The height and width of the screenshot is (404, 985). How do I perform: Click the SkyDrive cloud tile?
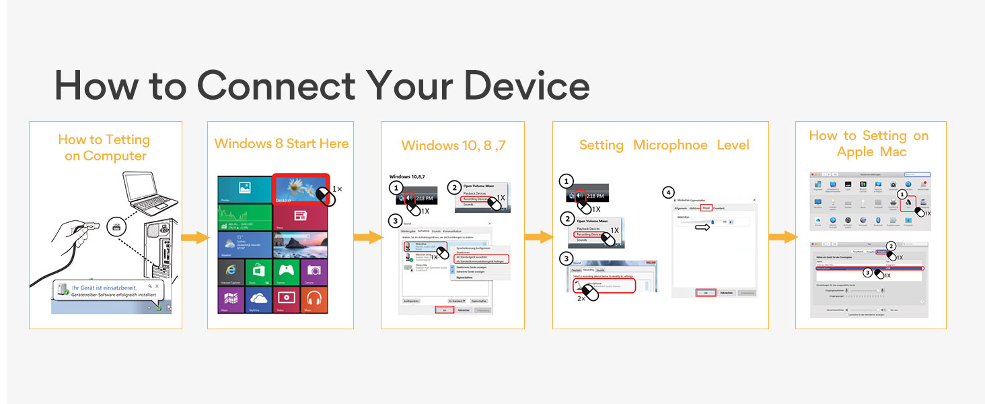tap(258, 297)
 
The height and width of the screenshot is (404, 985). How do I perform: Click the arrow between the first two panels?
tap(195, 237)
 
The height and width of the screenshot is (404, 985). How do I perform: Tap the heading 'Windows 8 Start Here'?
tap(281, 143)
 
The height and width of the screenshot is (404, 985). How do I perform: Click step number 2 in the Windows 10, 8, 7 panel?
tap(455, 188)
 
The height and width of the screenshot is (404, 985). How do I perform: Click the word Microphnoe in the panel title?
tap(670, 145)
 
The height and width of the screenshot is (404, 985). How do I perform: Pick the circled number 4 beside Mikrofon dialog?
tap(667, 193)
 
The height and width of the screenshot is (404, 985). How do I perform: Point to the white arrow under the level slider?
tap(702, 228)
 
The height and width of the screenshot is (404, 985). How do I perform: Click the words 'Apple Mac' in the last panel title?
tap(871, 152)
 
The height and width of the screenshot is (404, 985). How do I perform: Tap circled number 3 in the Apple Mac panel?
tap(868, 273)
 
